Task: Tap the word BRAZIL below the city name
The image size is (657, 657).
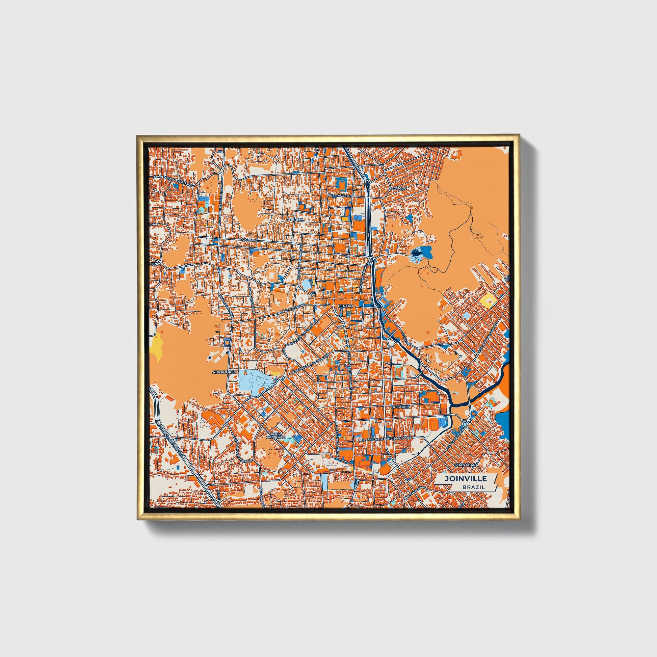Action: tap(473, 487)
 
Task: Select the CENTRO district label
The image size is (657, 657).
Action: tap(346, 306)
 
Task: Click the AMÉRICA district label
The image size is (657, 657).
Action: tap(294, 220)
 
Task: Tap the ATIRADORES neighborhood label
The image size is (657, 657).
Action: tap(224, 372)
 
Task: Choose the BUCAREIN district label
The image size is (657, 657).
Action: tap(401, 407)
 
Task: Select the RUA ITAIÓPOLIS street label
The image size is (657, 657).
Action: tap(340, 195)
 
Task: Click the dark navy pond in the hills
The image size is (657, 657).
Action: tap(416, 253)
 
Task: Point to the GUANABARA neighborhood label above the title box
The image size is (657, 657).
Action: tap(466, 464)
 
